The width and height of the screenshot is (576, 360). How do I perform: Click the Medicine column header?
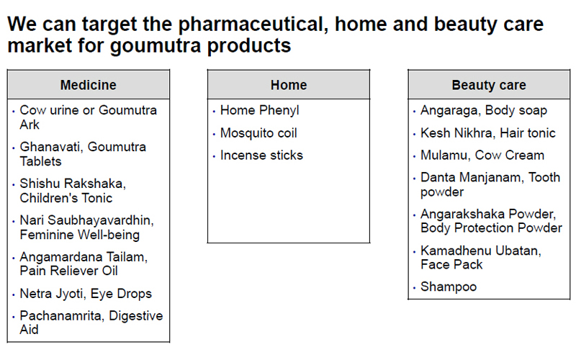tap(88, 85)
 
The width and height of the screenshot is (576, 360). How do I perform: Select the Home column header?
tap(289, 85)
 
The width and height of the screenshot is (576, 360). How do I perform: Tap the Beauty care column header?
tap(489, 85)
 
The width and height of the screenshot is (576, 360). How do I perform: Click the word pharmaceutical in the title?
tap(253, 24)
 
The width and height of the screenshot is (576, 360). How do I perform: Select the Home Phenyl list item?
tap(260, 110)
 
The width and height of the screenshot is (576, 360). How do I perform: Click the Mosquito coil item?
tap(258, 132)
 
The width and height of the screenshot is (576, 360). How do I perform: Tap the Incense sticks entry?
tap(261, 155)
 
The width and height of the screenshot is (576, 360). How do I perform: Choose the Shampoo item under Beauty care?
tap(449, 287)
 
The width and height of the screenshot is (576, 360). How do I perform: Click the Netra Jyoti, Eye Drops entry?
tap(86, 294)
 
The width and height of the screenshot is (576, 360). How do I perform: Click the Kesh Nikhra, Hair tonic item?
tap(488, 132)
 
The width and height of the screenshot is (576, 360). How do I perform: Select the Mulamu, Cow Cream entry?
tap(482, 155)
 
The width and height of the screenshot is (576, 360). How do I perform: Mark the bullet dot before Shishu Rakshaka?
tap(14, 185)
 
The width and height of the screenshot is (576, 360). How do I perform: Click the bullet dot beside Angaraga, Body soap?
tap(415, 112)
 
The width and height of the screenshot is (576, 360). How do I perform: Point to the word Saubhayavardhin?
tap(101, 220)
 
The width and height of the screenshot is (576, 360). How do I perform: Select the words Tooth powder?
tap(490, 184)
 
